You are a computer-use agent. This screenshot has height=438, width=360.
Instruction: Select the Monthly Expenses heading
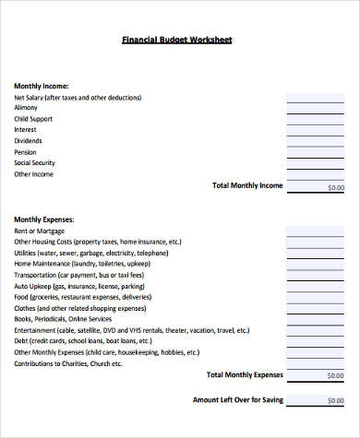tap(44, 219)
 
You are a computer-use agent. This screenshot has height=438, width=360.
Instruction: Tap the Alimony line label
tap(26, 108)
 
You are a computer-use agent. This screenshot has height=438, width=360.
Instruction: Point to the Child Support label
tap(33, 119)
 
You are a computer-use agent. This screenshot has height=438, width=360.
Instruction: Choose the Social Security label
tap(34, 163)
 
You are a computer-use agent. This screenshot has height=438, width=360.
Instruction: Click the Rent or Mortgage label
tap(40, 231)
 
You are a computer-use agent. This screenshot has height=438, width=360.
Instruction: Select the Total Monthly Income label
tap(247, 185)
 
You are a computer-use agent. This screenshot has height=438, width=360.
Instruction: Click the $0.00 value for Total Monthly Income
tap(335, 187)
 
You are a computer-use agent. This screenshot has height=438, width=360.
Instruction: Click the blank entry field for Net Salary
tap(315, 96)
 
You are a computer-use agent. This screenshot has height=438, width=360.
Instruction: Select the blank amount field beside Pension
tap(315, 151)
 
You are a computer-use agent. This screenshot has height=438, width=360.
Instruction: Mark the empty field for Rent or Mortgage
tap(315, 231)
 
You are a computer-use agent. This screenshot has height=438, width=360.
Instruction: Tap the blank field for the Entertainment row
tap(315, 330)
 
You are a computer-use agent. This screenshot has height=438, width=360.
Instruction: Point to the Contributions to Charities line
tap(67, 363)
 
